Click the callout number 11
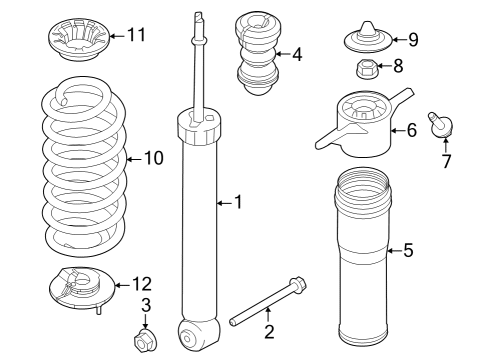(136, 36)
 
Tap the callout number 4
(297, 54)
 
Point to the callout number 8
(398, 68)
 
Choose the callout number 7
(446, 161)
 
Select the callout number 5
(408, 250)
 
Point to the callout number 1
(237, 203)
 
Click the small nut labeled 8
(365, 69)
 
